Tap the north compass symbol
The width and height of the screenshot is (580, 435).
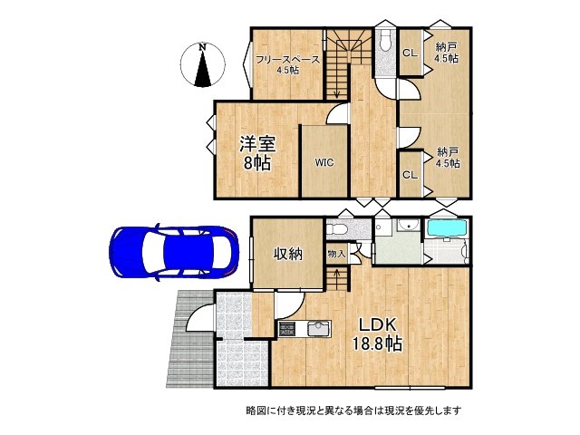click(x=204, y=65)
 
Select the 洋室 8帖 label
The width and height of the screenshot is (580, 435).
click(x=256, y=152)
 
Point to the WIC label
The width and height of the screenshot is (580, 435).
click(x=324, y=163)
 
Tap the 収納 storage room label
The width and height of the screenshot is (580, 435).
click(x=288, y=254)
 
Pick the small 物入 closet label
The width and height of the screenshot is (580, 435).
click(x=336, y=255)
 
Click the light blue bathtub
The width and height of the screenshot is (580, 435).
click(x=446, y=232)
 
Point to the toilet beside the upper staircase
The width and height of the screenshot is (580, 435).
click(x=383, y=42)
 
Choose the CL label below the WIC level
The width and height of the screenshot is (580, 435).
click(x=409, y=175)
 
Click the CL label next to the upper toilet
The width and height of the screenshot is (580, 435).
click(x=409, y=52)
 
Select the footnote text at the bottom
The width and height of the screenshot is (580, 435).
click(x=353, y=411)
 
